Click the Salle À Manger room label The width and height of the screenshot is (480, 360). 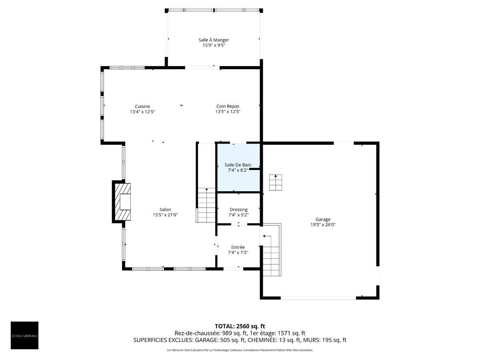pos(214,40)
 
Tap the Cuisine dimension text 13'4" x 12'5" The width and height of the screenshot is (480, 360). pos(142,112)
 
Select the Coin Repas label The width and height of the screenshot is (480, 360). pos(228,106)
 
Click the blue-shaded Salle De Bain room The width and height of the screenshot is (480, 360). pos(238,168)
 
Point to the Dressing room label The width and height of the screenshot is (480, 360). pos(238,210)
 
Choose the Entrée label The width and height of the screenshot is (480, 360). pos(238,247)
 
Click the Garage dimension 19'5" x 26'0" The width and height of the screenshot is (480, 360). pos(323,225)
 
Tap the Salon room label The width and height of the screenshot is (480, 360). pos(165,210)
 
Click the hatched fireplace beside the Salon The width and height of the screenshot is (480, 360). pos(123,202)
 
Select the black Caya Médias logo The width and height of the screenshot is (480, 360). pos(24,335)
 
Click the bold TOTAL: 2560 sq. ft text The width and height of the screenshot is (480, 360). pos(240,326)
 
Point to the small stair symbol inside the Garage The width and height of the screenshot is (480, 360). pos(275,182)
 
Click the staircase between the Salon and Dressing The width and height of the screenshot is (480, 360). pos(206,205)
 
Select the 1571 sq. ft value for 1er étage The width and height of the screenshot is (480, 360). pos(291,333)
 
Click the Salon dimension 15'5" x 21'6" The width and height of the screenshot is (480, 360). pos(165,215)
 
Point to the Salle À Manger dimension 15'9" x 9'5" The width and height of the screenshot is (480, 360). pos(214,46)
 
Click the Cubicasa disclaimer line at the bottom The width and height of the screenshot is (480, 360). pos(240,350)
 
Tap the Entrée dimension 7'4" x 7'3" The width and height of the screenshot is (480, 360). pos(238,252)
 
